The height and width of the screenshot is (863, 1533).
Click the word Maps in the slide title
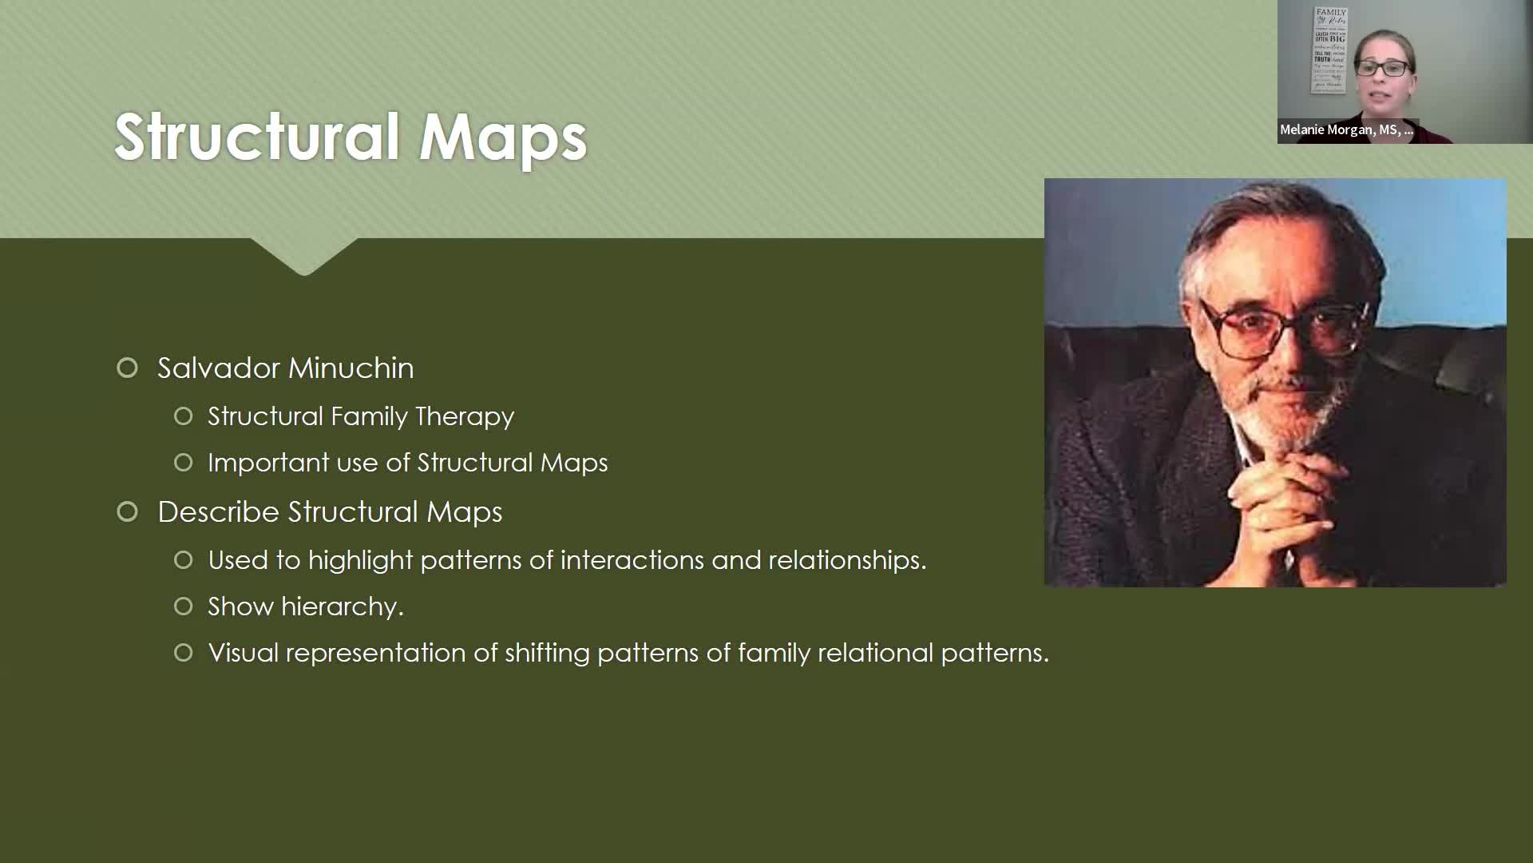[503, 137]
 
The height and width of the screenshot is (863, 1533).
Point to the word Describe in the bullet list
[219, 512]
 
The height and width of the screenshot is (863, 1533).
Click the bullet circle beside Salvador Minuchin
[127, 368]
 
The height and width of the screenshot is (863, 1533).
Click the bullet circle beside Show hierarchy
[184, 606]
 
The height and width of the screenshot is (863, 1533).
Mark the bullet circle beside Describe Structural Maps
[127, 512]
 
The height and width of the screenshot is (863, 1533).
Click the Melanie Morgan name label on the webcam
[1346, 129]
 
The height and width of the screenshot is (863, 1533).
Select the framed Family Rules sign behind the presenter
[1329, 48]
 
